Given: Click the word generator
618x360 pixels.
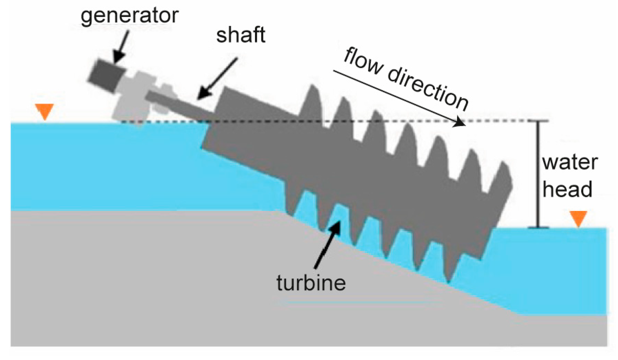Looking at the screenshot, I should pos(129,16).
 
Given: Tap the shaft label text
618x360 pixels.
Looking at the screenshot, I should pos(241,35).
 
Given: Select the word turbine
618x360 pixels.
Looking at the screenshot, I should pos(311,283).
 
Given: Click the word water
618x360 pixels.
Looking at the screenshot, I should pos(570,162).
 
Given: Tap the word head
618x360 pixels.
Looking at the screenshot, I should pos(567,189).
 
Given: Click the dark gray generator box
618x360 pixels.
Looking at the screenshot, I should pos(107,76).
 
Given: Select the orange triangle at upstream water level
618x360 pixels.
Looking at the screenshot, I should pos(45,111).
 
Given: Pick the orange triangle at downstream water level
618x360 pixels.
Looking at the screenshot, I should pos(578,219).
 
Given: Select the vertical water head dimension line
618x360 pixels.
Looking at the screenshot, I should pos(538,174).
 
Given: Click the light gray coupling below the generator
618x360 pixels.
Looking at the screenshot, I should pos(138,97).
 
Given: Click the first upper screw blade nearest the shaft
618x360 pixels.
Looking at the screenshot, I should pos(312,102).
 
